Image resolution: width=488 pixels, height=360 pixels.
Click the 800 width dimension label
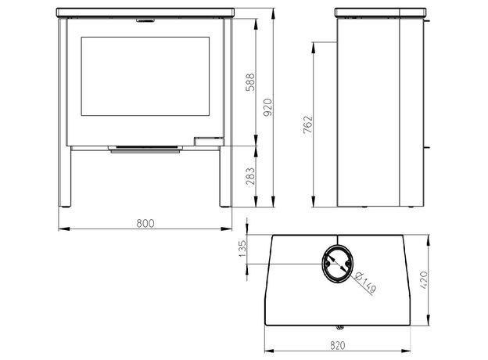[x=145, y=223]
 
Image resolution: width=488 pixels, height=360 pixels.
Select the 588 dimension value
[x=250, y=82]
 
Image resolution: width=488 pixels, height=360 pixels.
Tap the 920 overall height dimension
[x=267, y=107]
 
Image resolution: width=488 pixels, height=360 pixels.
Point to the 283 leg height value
[x=250, y=176]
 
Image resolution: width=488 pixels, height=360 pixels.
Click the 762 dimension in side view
[x=307, y=124]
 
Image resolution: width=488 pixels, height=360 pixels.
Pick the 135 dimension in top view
[x=242, y=249]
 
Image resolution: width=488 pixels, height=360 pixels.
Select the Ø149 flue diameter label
[x=365, y=283]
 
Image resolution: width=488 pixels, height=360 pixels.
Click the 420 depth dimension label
[x=424, y=280]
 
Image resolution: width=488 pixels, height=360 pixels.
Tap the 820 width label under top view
[x=338, y=345]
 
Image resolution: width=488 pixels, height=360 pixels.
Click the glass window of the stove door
[x=145, y=76]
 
